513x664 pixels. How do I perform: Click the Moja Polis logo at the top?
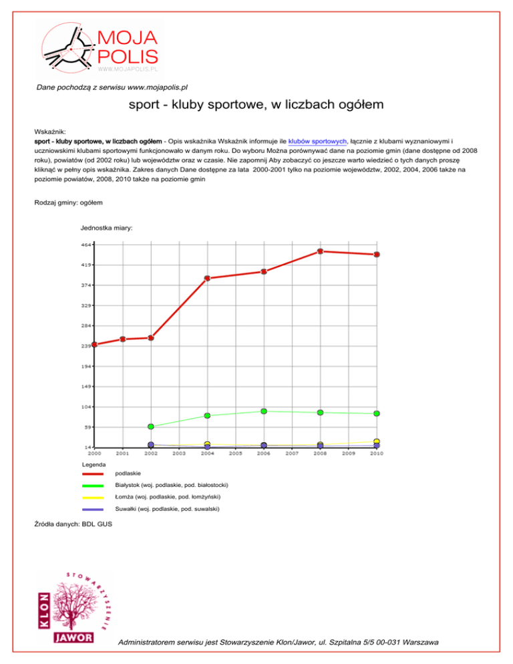(100, 47)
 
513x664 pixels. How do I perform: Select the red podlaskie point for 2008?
(321, 251)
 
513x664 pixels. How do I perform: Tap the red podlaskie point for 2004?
(208, 278)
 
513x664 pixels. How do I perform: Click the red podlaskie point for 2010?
(377, 255)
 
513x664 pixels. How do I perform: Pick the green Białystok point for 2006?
(264, 411)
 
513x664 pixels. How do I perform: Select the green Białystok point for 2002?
(151, 426)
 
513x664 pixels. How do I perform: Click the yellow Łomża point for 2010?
(377, 442)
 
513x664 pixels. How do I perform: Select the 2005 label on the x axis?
(236, 454)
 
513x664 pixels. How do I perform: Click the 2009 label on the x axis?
(349, 454)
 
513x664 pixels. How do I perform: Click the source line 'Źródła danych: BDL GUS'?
(73, 524)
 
